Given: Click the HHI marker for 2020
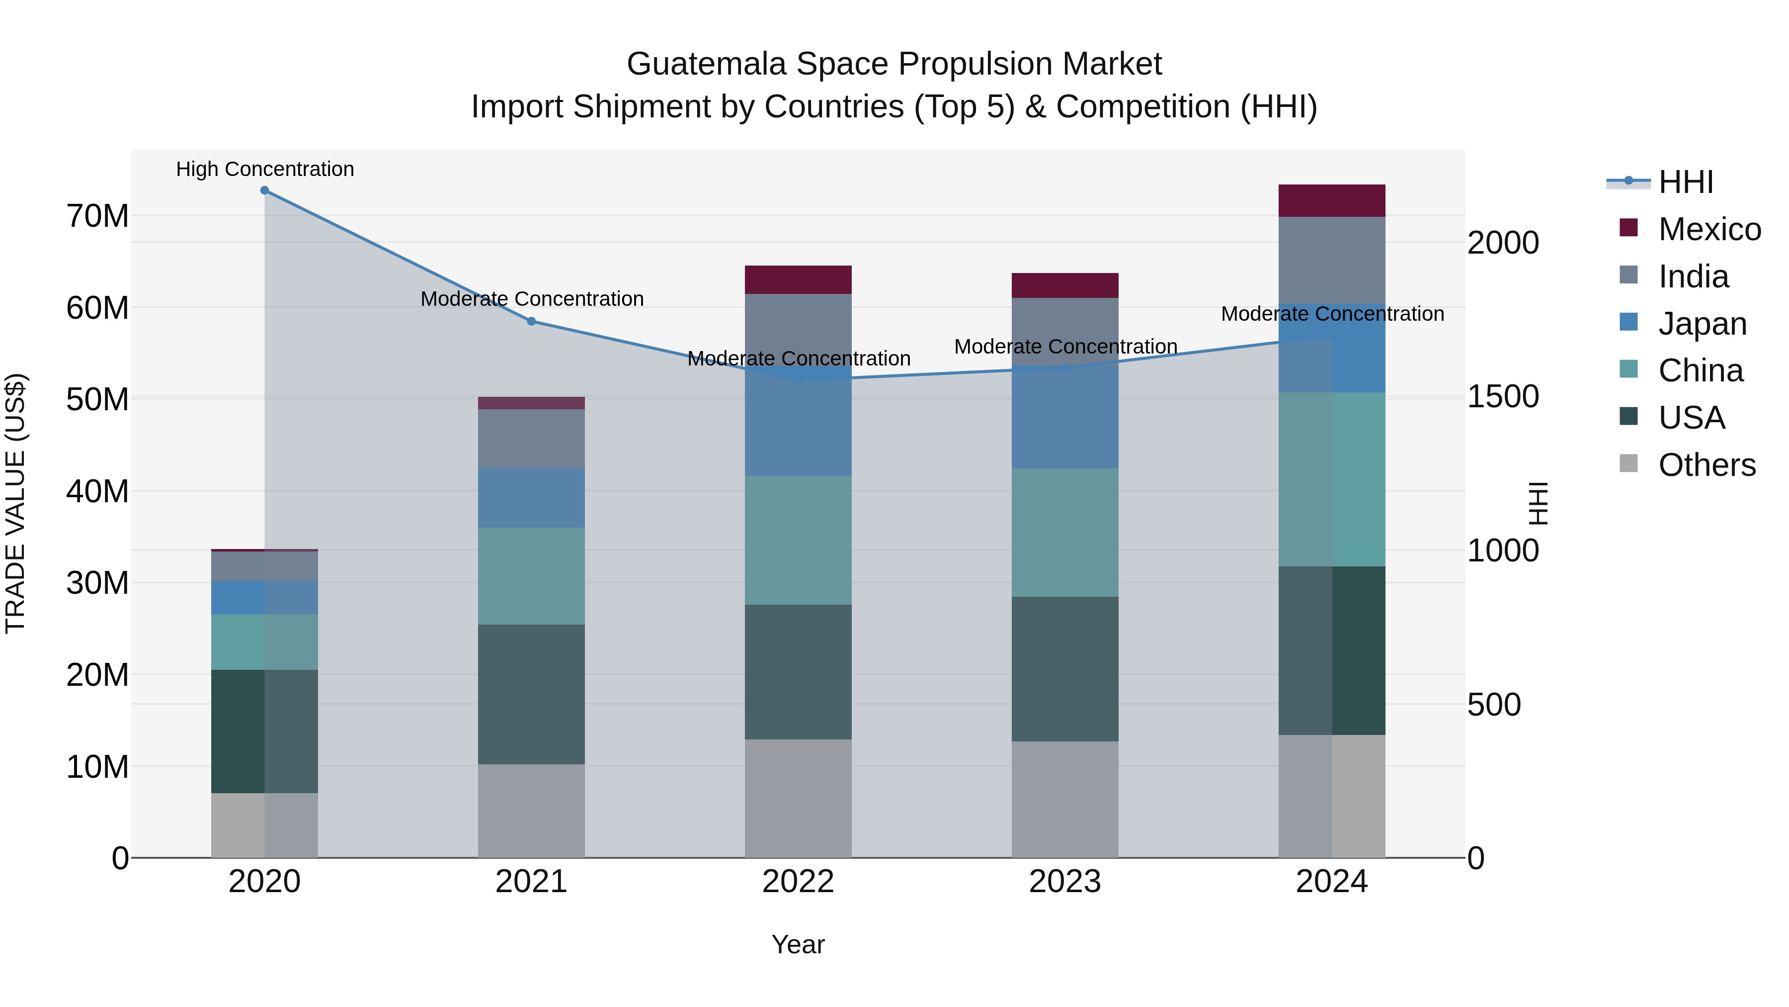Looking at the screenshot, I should [264, 190].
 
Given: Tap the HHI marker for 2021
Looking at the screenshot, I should [531, 321].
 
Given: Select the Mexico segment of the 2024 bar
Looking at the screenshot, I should [1331, 201].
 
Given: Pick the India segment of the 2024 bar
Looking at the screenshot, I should [1331, 261].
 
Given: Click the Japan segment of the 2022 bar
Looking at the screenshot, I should [798, 427].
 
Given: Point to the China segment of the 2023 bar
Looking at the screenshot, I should [1064, 532].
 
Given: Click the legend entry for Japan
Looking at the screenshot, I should [1702, 324].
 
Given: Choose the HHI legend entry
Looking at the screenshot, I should [1686, 182].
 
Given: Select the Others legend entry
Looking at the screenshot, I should [1707, 465].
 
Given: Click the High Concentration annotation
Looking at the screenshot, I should [264, 169].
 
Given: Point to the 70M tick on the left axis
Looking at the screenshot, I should [97, 216].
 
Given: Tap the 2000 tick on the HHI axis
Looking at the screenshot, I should [1503, 243].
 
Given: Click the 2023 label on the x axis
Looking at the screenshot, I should [1064, 882].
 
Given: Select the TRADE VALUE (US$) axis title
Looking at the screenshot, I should [15, 503].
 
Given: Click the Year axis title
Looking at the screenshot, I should [798, 944].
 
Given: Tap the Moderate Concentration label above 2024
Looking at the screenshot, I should [1331, 314].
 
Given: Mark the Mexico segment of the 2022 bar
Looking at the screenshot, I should [798, 279].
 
